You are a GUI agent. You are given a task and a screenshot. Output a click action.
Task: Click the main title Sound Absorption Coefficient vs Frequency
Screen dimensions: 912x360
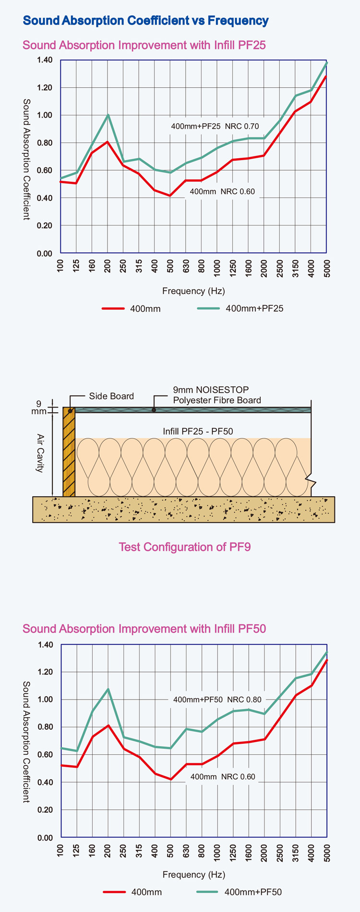pos(146,21)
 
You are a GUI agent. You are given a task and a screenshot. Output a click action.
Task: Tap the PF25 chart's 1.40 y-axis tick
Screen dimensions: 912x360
pos(45,60)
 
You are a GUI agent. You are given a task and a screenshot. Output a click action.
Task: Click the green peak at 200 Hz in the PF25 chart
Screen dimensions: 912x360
pos(108,115)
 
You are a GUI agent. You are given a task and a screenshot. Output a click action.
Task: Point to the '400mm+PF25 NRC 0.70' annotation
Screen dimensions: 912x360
pos(215,127)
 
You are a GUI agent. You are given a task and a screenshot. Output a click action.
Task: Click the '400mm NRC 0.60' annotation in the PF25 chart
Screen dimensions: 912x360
pos(222,192)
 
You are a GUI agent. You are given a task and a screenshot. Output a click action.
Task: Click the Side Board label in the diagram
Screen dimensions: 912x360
pos(111,396)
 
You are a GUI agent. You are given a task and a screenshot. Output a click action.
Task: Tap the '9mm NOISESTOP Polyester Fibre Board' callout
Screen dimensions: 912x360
pos(217,395)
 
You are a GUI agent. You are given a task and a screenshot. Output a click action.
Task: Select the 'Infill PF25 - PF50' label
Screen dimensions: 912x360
pos(198,432)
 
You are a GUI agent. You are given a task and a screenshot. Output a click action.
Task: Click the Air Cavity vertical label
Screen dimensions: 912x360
pos(40,453)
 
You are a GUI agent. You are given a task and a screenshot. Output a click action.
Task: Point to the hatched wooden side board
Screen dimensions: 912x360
pos(69,453)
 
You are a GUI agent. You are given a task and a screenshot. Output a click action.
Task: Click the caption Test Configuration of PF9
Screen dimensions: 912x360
pos(185,547)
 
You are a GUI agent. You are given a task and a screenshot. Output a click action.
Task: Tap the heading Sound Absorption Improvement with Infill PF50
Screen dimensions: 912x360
pos(144,629)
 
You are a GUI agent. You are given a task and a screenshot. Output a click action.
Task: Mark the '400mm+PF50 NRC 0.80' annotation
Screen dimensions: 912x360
pos(217,700)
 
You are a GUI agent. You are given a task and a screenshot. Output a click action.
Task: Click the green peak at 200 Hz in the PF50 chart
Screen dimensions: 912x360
pos(108,689)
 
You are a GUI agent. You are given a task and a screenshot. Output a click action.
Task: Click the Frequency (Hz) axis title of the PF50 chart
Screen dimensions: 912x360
pos(194,875)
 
